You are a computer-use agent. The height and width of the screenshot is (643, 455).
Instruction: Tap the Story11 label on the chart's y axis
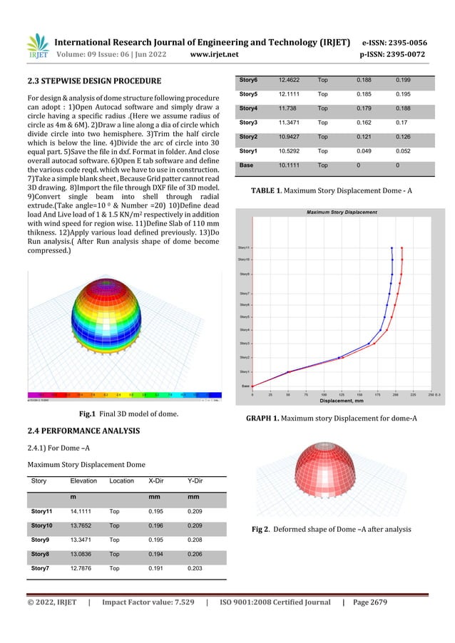coord(243,248)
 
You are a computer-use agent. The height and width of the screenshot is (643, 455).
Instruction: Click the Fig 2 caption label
coord(262,529)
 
